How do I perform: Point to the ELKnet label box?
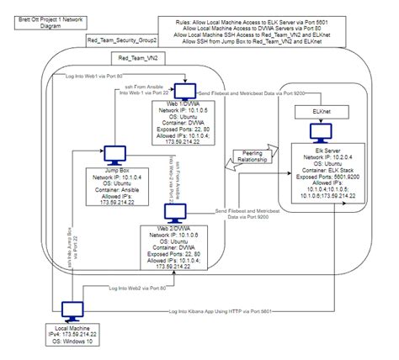[321, 110]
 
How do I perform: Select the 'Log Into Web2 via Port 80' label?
[144, 288]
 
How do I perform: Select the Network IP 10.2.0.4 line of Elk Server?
[321, 156]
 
